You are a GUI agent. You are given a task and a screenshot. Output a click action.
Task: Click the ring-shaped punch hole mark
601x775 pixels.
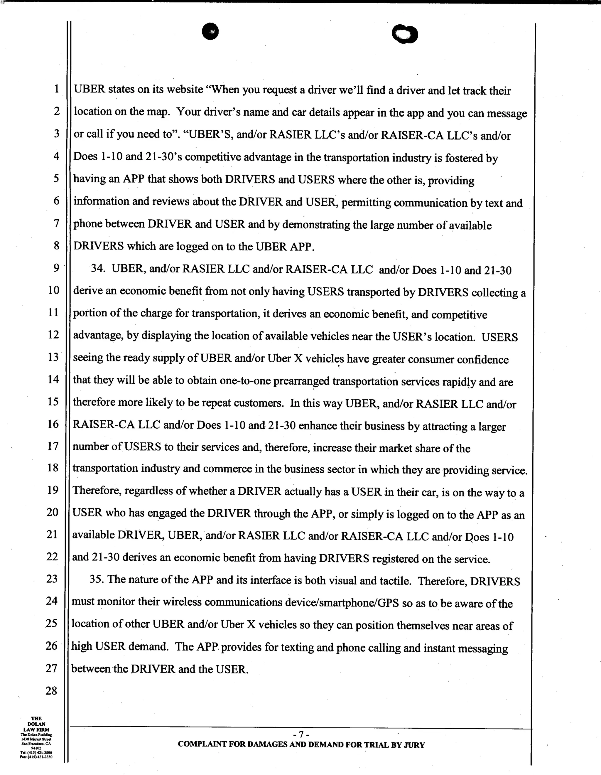pyautogui.click(x=405, y=34)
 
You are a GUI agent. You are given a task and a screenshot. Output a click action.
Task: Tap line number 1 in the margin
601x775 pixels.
pyautogui.click(x=56, y=89)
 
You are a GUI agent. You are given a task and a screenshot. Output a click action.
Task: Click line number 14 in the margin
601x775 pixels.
pyautogui.click(x=53, y=379)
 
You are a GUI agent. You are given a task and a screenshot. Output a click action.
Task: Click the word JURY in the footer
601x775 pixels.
pyautogui.click(x=414, y=745)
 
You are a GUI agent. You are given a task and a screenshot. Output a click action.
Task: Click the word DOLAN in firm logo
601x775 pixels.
pyautogui.click(x=36, y=724)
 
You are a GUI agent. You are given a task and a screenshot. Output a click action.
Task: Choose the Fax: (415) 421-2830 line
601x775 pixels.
pyautogui.click(x=36, y=757)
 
